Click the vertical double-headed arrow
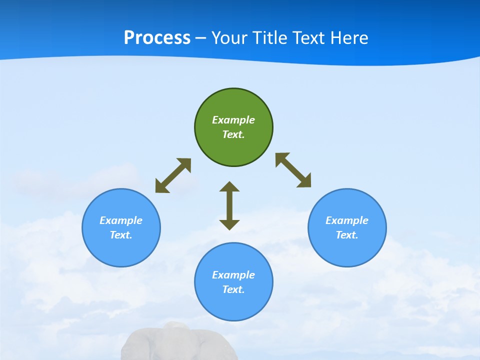[229, 206]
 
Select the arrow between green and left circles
[173, 175]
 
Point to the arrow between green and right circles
[293, 170]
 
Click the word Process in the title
[157, 37]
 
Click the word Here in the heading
[349, 37]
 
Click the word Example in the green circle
[233, 120]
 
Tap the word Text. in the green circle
[233, 134]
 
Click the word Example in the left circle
[121, 220]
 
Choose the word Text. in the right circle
[347, 235]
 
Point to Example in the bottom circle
[233, 275]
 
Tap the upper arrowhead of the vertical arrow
[229, 187]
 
